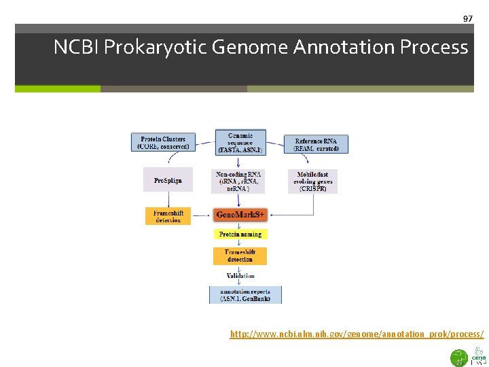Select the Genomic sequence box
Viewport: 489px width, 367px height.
pyautogui.click(x=240, y=142)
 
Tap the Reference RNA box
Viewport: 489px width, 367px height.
pyautogui.click(x=316, y=144)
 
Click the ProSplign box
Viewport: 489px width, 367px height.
pyautogui.click(x=168, y=180)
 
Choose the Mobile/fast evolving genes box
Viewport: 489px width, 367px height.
pyautogui.click(x=312, y=181)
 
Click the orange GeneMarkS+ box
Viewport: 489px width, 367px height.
pyautogui.click(x=240, y=215)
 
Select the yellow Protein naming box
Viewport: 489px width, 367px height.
pyautogui.click(x=240, y=234)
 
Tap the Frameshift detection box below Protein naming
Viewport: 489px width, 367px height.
pyautogui.click(x=240, y=256)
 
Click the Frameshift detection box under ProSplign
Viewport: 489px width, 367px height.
pyautogui.click(x=168, y=215)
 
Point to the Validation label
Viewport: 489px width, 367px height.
pyautogui.click(x=240, y=275)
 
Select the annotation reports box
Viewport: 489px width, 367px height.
pyautogui.click(x=244, y=295)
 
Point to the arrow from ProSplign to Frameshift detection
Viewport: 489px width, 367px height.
pyautogui.click(x=167, y=199)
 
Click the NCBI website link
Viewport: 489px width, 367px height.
pyautogui.click(x=357, y=334)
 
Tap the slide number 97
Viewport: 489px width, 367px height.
pyautogui.click(x=467, y=18)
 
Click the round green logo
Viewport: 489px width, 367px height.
pyautogui.click(x=459, y=357)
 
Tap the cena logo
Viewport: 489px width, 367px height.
pyautogui.click(x=479, y=357)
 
